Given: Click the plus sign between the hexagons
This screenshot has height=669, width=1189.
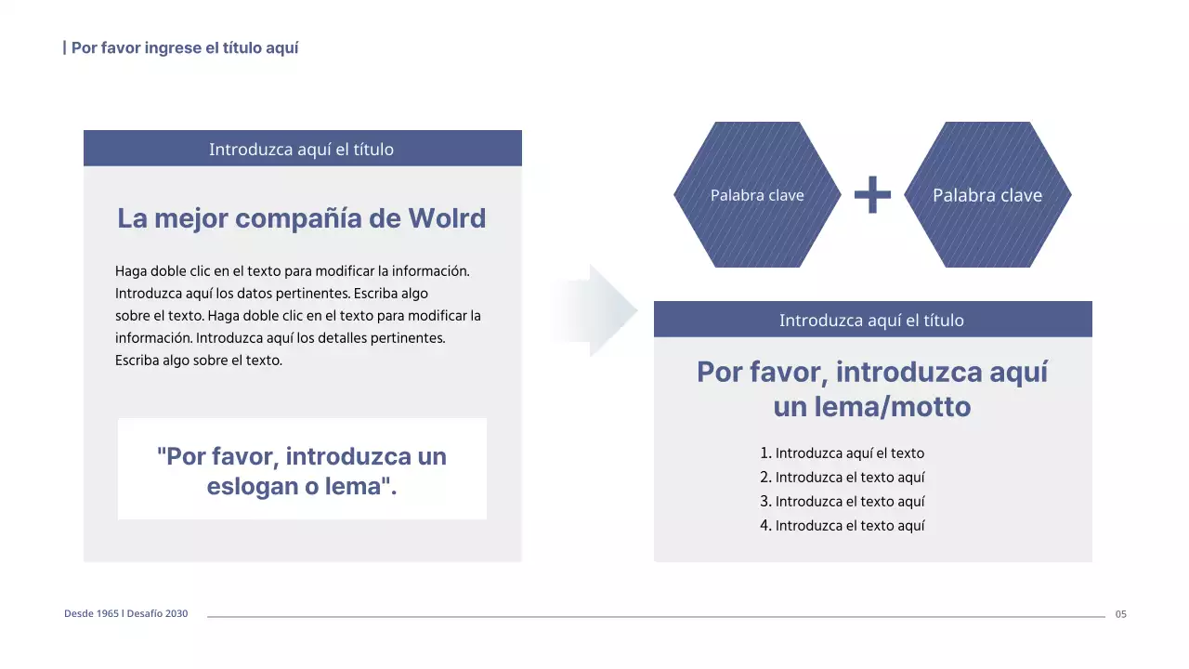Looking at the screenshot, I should click(872, 195).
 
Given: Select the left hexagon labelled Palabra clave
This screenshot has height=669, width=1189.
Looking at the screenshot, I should click(756, 195).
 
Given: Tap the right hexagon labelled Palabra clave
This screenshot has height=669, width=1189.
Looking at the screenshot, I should click(986, 195).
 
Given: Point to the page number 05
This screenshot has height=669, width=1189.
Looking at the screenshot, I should click(1120, 614).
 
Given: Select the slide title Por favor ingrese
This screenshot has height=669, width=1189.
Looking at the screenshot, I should click(185, 47).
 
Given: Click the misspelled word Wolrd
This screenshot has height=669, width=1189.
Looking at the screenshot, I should click(447, 219).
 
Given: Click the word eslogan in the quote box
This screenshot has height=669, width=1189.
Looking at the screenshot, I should click(246, 487).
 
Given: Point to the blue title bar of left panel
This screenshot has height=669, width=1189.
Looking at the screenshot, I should click(302, 149).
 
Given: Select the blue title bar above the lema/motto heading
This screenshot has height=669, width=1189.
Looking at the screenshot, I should click(872, 320).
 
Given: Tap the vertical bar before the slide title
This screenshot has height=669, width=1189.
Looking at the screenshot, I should click(64, 47).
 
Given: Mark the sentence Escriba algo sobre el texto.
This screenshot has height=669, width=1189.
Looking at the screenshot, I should click(198, 361).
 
